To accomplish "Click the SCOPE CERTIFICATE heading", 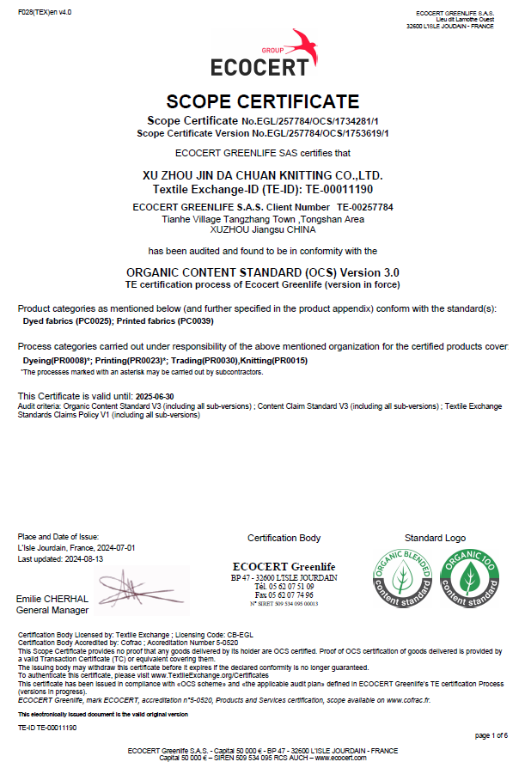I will [x=262, y=101].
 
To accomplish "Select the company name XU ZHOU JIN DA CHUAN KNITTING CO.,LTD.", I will [x=262, y=175].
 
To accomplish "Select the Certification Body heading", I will [x=284, y=538].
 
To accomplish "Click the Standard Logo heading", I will [x=435, y=538].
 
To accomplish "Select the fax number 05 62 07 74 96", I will [x=290, y=595].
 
